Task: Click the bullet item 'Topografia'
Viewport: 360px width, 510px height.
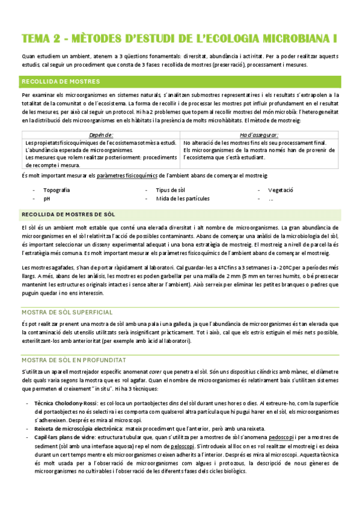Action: pyautogui.click(x=56, y=190)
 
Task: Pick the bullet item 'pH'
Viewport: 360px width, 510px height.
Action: pyautogui.click(x=47, y=198)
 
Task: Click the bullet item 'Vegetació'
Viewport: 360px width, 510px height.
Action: pyautogui.click(x=281, y=190)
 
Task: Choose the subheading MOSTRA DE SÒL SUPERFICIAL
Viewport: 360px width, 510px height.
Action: pyautogui.click(x=67, y=313)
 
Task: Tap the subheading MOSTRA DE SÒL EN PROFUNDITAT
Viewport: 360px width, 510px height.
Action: pyautogui.click(x=73, y=360)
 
